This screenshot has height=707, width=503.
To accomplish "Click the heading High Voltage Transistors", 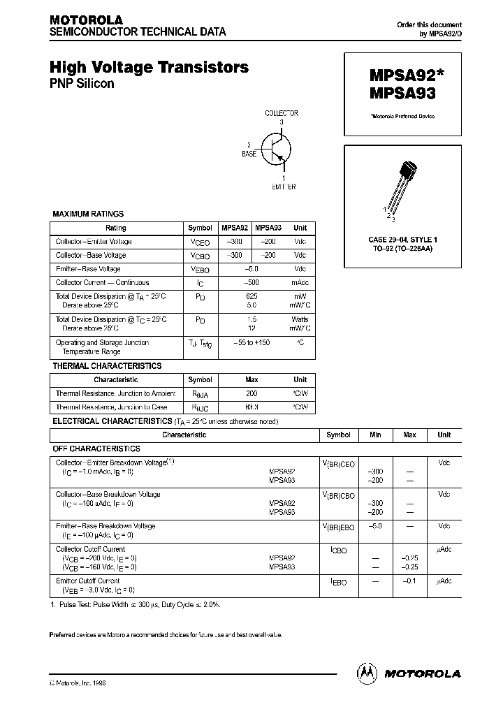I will [149, 67].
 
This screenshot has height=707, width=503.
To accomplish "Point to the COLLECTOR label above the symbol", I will [282, 113].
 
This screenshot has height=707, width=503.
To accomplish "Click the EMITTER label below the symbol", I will [284, 187].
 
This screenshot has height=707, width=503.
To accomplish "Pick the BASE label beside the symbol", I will [249, 152].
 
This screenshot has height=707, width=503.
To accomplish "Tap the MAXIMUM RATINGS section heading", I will [88, 214].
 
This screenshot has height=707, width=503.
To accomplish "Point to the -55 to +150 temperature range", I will [251, 342].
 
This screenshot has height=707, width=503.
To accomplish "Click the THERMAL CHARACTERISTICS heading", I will [107, 366].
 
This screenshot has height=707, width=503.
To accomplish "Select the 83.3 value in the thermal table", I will [251, 407].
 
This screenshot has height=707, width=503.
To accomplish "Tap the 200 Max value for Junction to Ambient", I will [251, 393].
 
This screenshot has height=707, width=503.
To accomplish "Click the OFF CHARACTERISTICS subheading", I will [96, 449].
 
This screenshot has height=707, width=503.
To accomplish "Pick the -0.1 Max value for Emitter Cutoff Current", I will [409, 581].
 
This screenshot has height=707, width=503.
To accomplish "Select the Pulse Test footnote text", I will [136, 604].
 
